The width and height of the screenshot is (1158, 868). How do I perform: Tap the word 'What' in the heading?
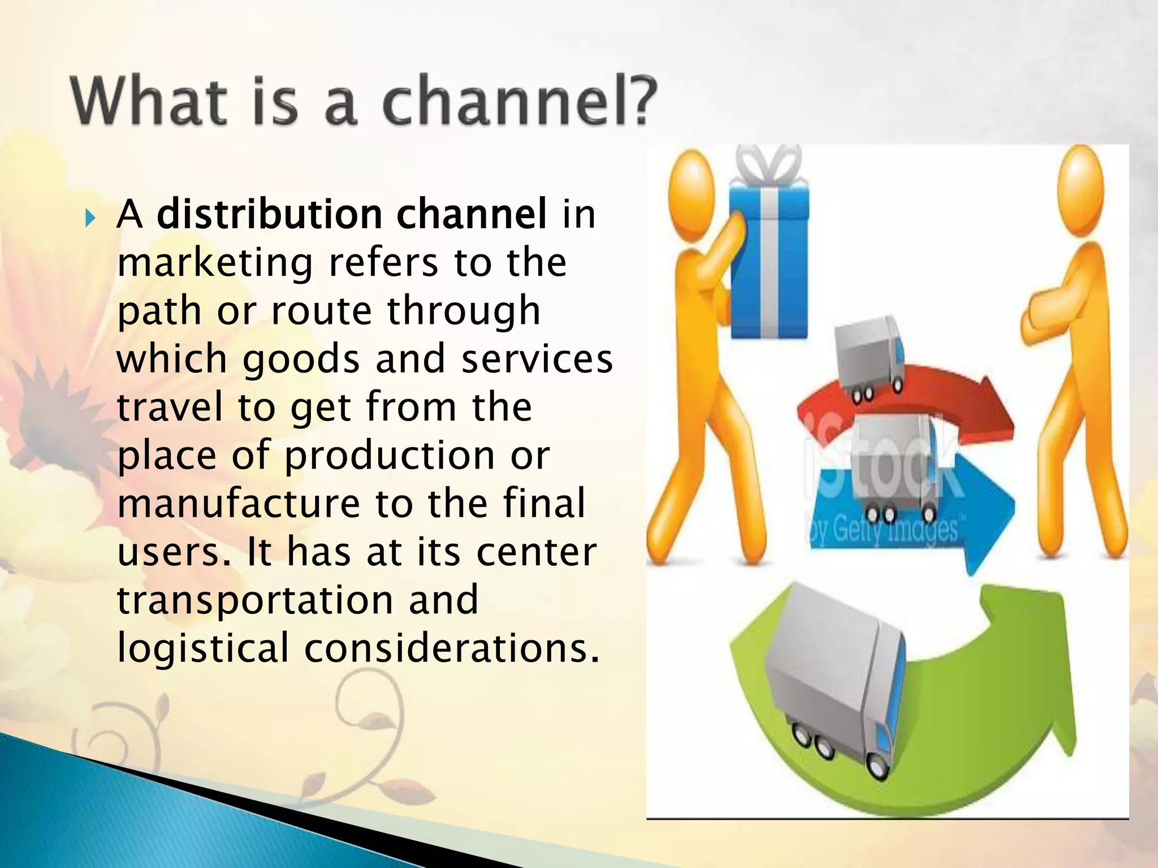pyautogui.click(x=148, y=102)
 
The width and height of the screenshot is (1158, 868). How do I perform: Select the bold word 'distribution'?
pyautogui.click(x=270, y=215)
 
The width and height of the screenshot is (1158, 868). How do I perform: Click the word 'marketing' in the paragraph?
pyautogui.click(x=215, y=263)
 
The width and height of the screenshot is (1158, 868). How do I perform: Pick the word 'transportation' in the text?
pyautogui.click(x=254, y=600)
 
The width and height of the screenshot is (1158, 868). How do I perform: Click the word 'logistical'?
pyautogui.click(x=202, y=648)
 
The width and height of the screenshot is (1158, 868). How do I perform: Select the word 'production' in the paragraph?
pyautogui.click(x=390, y=455)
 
